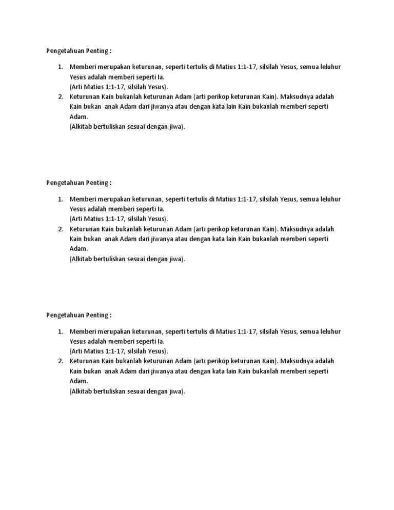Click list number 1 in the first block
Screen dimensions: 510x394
tap(60, 67)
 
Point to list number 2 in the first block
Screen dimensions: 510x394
tap(60, 96)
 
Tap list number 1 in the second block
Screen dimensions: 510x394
tap(60, 199)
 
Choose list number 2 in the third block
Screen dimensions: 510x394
tap(60, 361)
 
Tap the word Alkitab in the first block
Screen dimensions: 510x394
tap(82, 127)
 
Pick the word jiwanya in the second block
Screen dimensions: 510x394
tap(161, 239)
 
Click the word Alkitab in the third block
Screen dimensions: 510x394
tap(82, 391)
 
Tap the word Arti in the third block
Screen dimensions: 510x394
tap(76, 351)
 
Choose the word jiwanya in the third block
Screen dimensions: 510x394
tap(161, 371)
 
